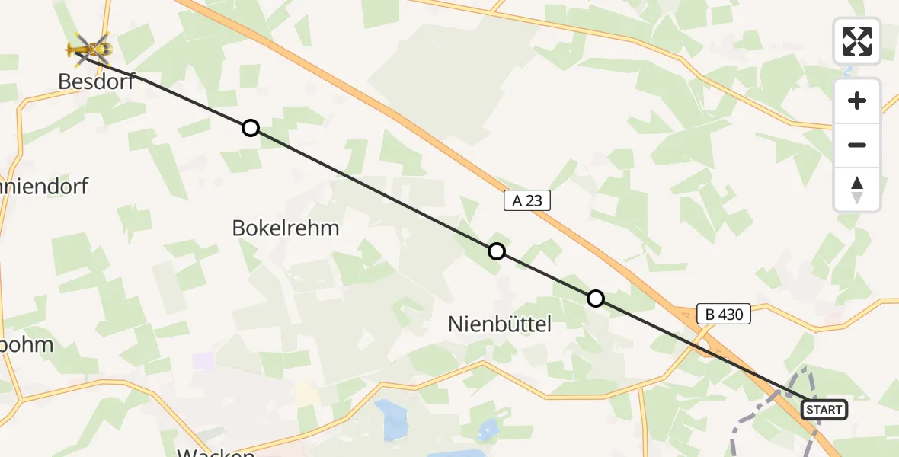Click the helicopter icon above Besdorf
[x=89, y=50]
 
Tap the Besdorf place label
[x=96, y=81]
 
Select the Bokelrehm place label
[x=286, y=228]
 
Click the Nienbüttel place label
[x=499, y=324]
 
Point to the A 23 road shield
[x=527, y=201]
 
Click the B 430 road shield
[x=724, y=313]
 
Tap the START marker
[x=824, y=410]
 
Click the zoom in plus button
[x=857, y=101]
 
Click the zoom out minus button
[x=857, y=145]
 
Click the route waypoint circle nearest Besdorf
[x=251, y=128]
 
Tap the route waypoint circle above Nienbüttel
[x=497, y=251]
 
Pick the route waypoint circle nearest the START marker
[x=596, y=299]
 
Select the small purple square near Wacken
[x=203, y=360]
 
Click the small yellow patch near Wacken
[x=306, y=393]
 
